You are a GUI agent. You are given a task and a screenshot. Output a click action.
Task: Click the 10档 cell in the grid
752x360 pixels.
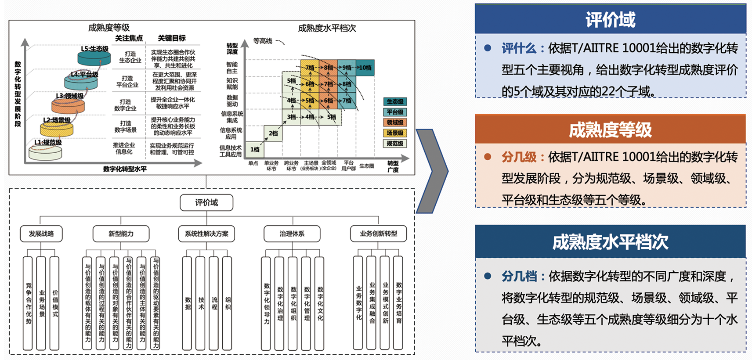click(x=365, y=68)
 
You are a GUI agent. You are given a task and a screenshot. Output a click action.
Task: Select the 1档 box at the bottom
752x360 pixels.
click(x=255, y=149)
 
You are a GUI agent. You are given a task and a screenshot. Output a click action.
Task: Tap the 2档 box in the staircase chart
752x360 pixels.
click(x=273, y=133)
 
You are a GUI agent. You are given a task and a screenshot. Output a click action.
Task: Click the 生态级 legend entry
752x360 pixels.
click(x=395, y=101)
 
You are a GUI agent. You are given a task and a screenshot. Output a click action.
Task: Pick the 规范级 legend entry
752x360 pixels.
click(x=395, y=144)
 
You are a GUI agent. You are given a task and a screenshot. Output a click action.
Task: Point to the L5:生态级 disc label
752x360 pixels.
click(x=94, y=49)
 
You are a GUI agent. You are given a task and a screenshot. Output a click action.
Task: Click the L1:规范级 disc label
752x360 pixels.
click(x=48, y=142)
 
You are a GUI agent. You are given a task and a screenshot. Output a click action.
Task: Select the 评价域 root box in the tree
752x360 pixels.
click(x=206, y=202)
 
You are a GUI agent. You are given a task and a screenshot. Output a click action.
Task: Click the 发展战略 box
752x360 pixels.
click(x=41, y=234)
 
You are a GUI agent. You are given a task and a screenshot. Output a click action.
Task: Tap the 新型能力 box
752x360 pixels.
click(x=121, y=234)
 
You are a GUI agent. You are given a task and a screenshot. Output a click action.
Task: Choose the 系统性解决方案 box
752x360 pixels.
click(x=206, y=234)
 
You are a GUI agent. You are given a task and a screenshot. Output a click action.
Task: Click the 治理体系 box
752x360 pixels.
click(x=292, y=234)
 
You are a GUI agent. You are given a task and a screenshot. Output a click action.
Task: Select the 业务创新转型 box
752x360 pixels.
click(x=378, y=234)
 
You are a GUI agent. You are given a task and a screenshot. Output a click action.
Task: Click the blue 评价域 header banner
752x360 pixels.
click(x=610, y=19)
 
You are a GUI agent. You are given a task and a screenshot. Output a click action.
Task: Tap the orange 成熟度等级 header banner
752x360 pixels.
click(x=610, y=130)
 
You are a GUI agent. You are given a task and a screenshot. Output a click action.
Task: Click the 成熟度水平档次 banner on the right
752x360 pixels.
click(x=610, y=241)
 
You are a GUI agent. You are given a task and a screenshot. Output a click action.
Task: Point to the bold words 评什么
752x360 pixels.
click(x=519, y=48)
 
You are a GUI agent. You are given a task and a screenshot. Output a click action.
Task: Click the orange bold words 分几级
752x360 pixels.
click(x=519, y=157)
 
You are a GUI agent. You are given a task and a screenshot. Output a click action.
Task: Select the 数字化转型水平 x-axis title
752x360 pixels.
click(x=125, y=169)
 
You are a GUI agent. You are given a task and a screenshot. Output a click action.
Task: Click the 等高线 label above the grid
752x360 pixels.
click(x=263, y=41)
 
